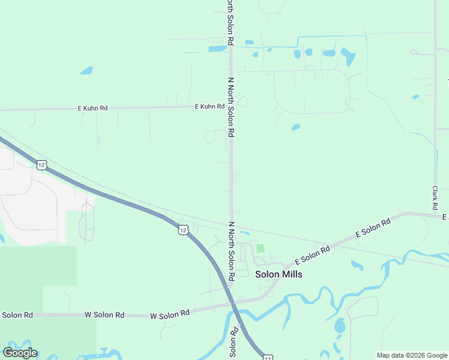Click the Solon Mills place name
(279, 274)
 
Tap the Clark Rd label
(435, 193)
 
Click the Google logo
(20, 352)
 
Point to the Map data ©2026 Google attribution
(412, 355)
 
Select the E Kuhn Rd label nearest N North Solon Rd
(209, 106)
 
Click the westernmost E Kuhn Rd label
(92, 108)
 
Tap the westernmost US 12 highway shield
(41, 164)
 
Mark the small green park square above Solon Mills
(260, 248)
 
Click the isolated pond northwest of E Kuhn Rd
(86, 70)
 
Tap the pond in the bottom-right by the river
(340, 326)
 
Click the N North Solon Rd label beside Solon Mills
(231, 251)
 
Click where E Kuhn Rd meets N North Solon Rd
(231, 106)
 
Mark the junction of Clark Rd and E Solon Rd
(436, 214)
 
